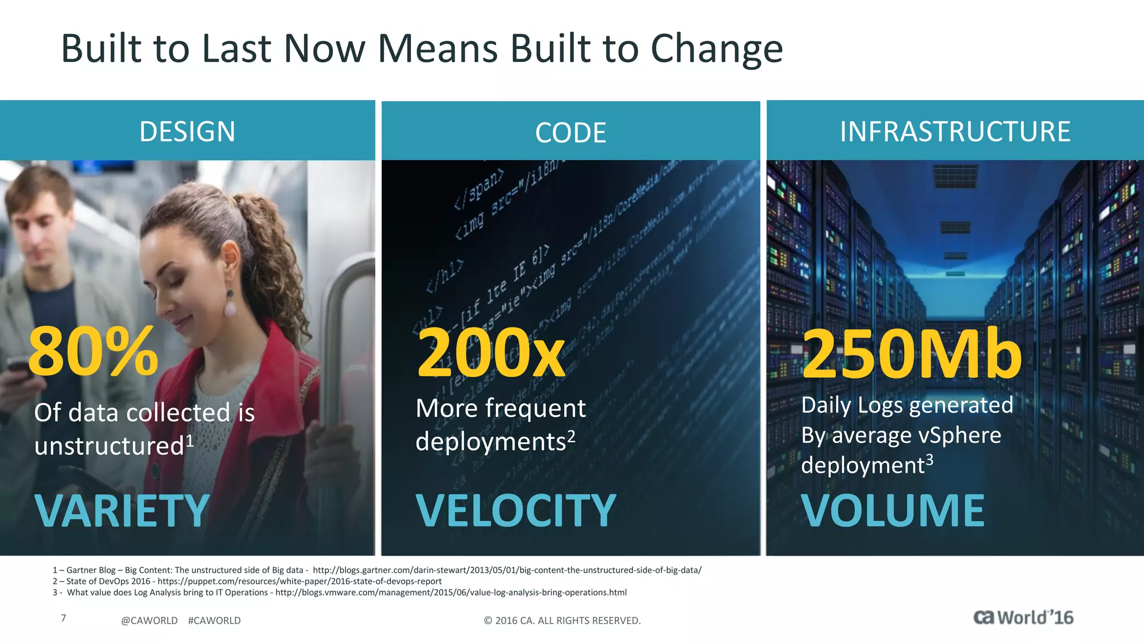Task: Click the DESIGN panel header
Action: point(187,132)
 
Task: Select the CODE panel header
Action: point(570,133)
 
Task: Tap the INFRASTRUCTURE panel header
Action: point(955,132)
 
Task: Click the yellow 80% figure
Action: point(93,352)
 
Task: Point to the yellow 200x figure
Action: point(491,353)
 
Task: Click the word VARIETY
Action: point(122,511)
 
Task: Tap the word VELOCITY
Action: point(516,511)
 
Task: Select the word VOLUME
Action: point(893,511)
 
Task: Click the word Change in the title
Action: point(717,49)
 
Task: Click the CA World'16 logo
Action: point(1023,618)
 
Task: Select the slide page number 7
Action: point(64,618)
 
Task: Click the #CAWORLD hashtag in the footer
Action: point(214,621)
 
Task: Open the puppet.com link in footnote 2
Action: point(299,581)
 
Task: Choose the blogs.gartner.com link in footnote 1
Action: point(507,570)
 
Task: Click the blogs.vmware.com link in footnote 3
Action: point(451,592)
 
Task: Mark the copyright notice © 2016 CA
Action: point(562,621)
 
